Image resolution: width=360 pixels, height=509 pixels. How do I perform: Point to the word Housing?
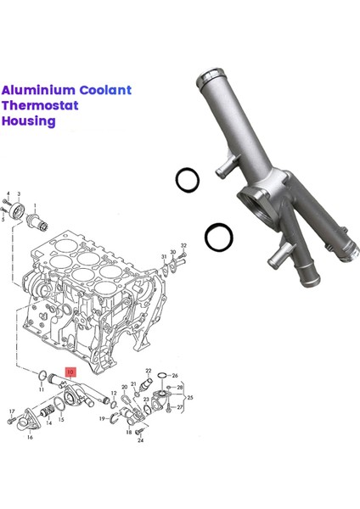pos(28,121)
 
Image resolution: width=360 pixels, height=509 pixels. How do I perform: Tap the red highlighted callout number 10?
pos(70,372)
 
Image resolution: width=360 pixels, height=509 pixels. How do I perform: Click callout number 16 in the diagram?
pos(30,438)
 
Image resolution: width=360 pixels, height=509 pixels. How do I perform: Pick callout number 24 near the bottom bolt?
pos(140,441)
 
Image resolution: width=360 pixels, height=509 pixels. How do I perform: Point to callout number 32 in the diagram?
pos(183,244)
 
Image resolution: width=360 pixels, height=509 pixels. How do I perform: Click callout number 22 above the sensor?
pos(148,371)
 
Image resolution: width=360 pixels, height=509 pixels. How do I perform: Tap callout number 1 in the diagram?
pos(35,205)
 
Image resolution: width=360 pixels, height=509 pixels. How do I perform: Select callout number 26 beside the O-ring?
pos(175,375)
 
